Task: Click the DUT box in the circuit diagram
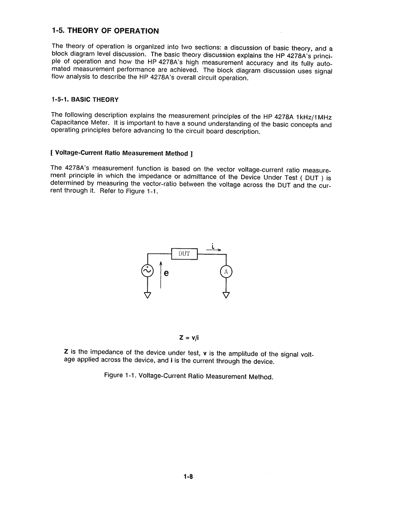tap(184, 253)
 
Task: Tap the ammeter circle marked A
tap(226, 272)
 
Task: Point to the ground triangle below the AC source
tap(147, 295)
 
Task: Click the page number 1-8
tap(188, 477)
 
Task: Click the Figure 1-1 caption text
tap(188, 376)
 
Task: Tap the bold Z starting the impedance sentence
tap(66, 352)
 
